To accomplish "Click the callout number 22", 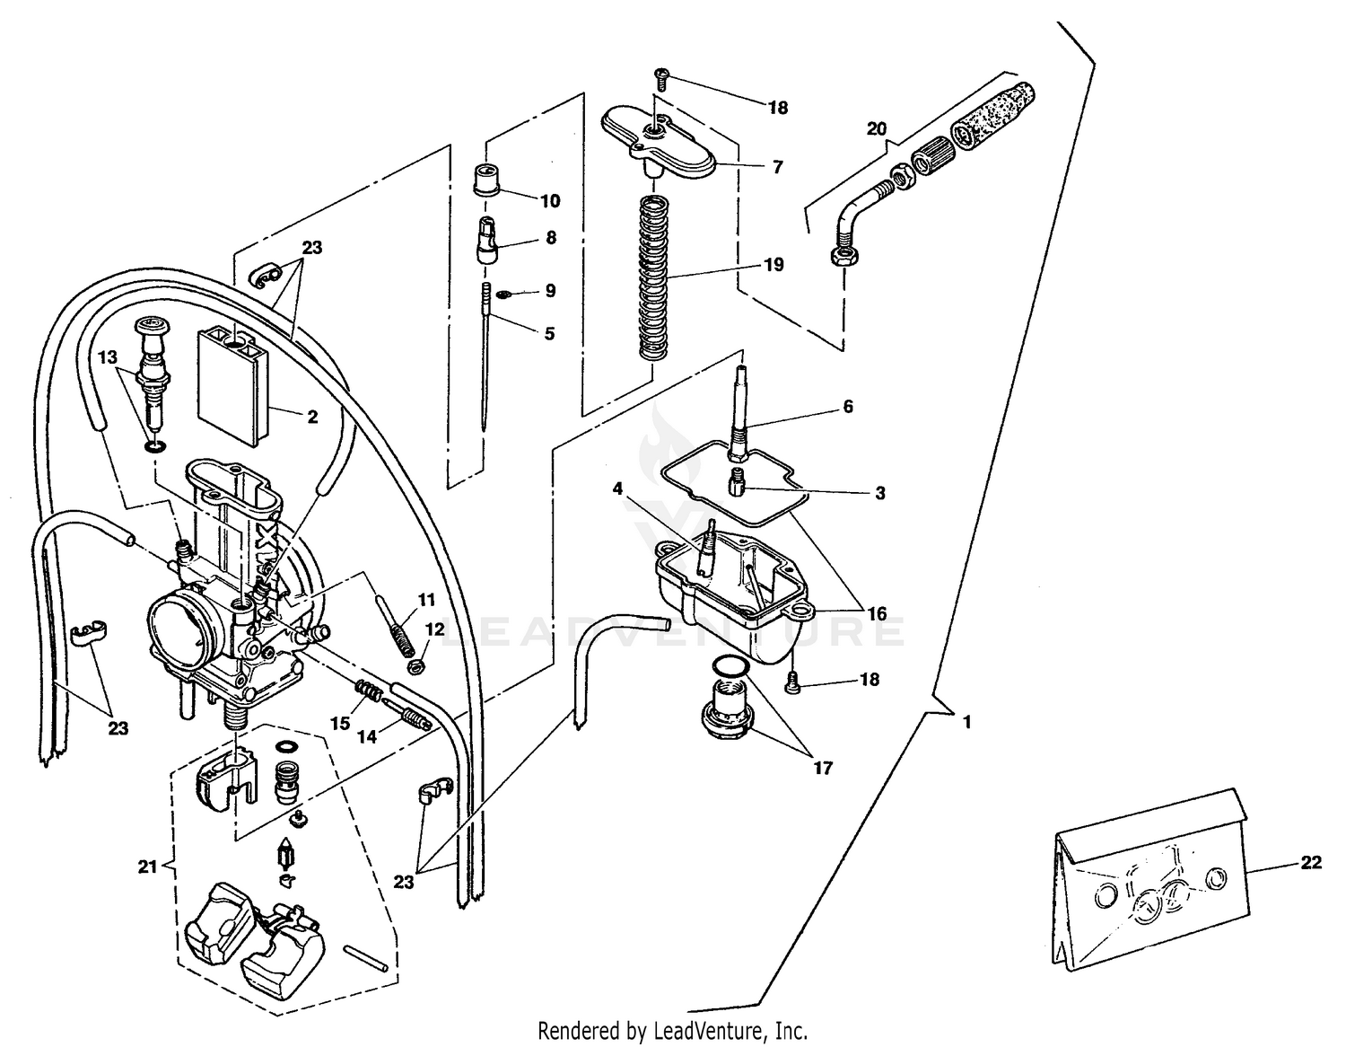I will (x=1311, y=862).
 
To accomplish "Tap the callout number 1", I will (x=966, y=721).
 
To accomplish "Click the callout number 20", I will (x=876, y=128).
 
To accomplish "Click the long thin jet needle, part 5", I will (x=485, y=359).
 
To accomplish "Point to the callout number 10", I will (x=550, y=200).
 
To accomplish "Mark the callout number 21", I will (x=147, y=867).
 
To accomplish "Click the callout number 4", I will (x=617, y=488).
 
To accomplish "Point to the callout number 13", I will (x=108, y=357).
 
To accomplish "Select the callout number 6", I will (x=847, y=407).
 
